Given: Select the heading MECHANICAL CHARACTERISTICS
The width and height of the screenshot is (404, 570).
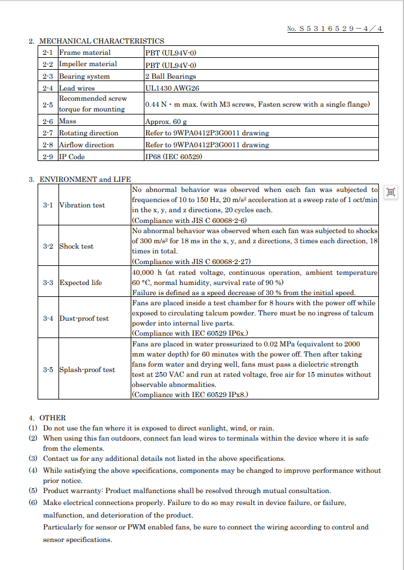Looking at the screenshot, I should (x=101, y=41).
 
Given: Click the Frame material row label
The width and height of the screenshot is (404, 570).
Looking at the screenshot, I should (x=84, y=52).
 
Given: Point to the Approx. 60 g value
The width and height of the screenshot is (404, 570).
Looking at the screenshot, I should (x=162, y=121).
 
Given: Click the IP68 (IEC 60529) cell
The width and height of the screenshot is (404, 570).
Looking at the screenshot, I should (x=174, y=157).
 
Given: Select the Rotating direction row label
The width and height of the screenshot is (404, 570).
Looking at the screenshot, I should (x=88, y=133).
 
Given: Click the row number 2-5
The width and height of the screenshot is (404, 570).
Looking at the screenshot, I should (x=48, y=104).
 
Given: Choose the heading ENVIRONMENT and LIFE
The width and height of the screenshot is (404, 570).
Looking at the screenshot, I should (x=85, y=179).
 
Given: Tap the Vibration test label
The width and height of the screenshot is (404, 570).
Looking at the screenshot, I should (x=82, y=205).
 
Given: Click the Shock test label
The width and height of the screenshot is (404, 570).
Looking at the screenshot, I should (x=76, y=246).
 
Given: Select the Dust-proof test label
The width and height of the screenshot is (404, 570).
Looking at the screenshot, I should (x=84, y=318).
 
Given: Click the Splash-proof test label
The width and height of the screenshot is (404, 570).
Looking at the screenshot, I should (x=87, y=370).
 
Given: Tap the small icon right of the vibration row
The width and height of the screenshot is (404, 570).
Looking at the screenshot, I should (x=391, y=192).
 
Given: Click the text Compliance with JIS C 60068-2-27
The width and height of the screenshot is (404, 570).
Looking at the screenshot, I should (x=191, y=262).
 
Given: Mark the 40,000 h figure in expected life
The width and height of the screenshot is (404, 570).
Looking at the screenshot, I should (x=144, y=272).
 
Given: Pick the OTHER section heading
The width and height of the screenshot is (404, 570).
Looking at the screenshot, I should (x=53, y=418).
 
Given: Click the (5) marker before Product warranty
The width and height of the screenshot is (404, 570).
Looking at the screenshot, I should (x=33, y=491).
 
